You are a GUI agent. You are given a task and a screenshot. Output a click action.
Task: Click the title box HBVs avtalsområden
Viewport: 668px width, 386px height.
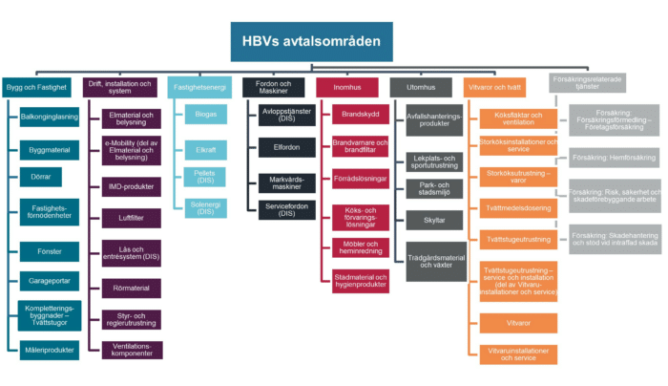tap(312, 41)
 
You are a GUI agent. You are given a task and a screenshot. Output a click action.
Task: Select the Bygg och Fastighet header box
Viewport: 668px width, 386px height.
tap(36, 86)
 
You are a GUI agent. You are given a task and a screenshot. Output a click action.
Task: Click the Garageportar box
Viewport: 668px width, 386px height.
tap(48, 280)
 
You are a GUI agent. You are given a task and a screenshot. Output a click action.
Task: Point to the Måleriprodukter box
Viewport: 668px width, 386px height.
tap(48, 351)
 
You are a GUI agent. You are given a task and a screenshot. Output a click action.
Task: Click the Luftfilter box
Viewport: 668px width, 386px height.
tap(132, 219)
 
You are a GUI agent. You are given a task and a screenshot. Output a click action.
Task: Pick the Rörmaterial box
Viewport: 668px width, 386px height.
tap(132, 288)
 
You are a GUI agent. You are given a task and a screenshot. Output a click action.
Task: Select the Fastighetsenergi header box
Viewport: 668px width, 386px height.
tap(198, 86)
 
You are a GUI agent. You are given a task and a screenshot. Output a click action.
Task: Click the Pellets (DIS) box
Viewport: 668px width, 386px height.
tap(206, 176)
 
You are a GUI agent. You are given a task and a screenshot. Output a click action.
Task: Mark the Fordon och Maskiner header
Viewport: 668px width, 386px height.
tap(273, 86)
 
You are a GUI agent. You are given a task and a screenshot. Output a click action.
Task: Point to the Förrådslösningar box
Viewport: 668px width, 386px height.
tap(353, 177)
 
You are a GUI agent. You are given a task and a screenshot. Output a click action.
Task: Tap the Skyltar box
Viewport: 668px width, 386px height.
tap(432, 221)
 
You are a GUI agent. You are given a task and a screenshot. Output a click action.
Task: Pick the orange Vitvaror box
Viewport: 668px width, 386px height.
tap(518, 323)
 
